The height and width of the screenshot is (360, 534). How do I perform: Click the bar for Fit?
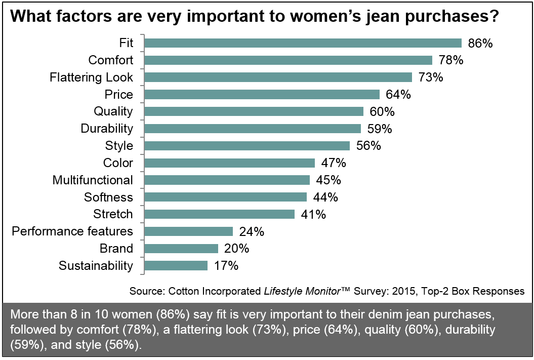(x=303, y=43)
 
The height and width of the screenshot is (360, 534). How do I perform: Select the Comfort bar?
(x=288, y=60)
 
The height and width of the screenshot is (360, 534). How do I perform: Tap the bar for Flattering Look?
(x=278, y=77)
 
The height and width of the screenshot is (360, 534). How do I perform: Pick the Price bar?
(x=262, y=95)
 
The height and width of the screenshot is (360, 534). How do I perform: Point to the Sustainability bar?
(x=176, y=265)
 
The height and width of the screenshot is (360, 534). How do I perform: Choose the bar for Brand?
(x=181, y=249)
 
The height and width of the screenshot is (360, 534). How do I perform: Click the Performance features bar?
(x=188, y=231)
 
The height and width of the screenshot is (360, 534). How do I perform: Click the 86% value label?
(x=480, y=43)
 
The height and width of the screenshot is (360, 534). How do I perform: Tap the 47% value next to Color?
(x=333, y=163)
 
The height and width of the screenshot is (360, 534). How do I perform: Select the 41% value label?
(x=312, y=214)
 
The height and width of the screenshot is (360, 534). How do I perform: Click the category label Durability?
(x=107, y=129)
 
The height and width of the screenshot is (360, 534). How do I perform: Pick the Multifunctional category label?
(x=93, y=180)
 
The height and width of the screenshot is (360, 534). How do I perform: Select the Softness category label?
(x=108, y=197)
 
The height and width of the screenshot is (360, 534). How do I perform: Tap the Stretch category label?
(x=113, y=214)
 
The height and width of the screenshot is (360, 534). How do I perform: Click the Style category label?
(x=119, y=146)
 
